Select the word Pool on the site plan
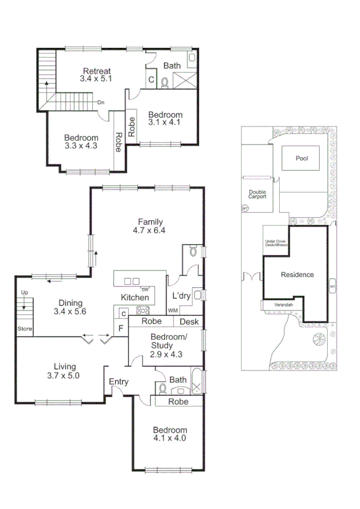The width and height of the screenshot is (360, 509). click(x=301, y=159)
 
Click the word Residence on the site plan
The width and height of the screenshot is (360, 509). click(x=298, y=275)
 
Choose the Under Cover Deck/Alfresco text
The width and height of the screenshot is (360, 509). click(x=276, y=244)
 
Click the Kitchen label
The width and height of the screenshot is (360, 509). click(x=135, y=297)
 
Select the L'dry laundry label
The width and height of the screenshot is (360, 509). click(x=181, y=297)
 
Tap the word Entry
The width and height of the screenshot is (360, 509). click(x=119, y=381)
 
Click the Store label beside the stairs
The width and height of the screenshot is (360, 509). click(x=24, y=329)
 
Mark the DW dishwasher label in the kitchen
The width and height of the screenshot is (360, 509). click(x=145, y=290)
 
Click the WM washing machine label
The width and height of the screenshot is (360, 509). click(x=173, y=310)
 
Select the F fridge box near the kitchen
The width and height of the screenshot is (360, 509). click(x=121, y=328)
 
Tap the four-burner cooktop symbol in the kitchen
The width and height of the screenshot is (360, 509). click(x=143, y=310)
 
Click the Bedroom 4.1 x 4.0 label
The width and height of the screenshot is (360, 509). click(x=170, y=434)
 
